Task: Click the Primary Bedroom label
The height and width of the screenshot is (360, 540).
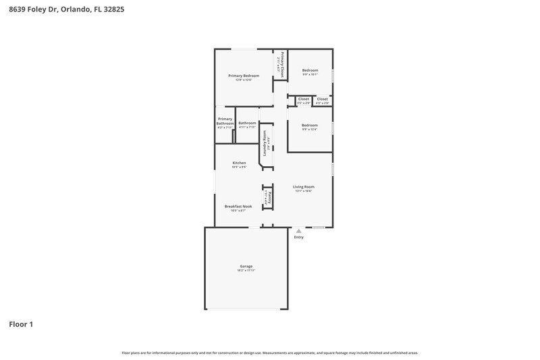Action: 244,76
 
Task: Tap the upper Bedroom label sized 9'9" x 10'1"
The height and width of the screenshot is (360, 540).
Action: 310,70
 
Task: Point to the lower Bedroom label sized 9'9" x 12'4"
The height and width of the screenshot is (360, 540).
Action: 310,125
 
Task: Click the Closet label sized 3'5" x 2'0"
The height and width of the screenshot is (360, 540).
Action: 304,99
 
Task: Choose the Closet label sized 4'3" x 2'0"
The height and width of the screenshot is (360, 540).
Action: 323,99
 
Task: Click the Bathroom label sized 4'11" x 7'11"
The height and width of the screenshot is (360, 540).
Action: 247,123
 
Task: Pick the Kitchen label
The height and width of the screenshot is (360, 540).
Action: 239,163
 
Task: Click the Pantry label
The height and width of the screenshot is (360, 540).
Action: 269,198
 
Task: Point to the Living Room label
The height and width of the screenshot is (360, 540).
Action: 303,187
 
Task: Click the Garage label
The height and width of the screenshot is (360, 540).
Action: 246,266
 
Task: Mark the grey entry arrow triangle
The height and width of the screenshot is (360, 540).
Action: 299,231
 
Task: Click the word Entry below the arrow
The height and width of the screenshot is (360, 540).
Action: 299,237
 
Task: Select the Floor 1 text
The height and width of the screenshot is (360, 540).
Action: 21,324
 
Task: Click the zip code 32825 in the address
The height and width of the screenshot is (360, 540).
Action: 113,10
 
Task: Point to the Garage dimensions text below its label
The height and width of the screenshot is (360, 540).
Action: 246,271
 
